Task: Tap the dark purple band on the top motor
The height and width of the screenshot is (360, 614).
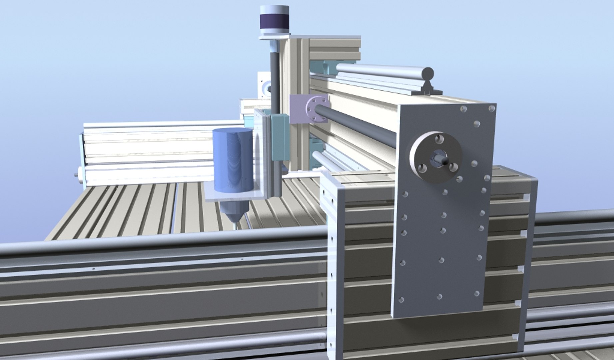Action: tap(274, 22)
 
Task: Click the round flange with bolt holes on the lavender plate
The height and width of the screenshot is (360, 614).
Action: tap(317, 108)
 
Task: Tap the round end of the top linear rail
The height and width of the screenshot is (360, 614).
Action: tap(428, 73)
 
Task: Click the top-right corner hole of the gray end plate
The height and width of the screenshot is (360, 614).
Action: tap(491, 108)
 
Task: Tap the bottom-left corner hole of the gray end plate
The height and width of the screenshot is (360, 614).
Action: tap(401, 300)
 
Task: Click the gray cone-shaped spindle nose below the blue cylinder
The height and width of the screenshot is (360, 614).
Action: tap(235, 211)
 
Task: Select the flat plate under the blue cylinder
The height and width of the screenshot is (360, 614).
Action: tap(233, 197)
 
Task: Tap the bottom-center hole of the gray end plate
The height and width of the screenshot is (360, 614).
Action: tap(439, 296)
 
